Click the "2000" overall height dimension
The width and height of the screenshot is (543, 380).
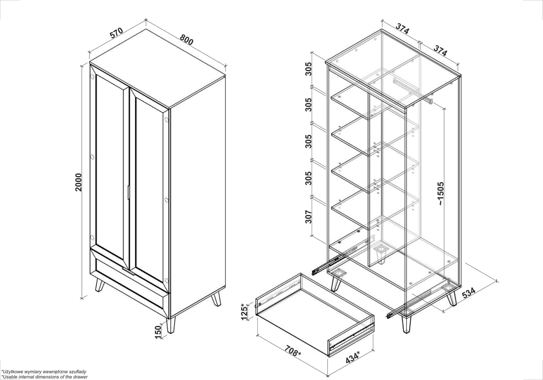[78, 182]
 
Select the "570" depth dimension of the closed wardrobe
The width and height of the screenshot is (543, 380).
[116, 33]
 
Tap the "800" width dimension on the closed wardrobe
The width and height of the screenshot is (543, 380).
[186, 39]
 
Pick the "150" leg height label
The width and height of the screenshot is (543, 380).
[158, 332]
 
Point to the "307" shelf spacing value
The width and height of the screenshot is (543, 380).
[308, 217]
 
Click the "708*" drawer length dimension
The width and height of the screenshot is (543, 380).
[292, 351]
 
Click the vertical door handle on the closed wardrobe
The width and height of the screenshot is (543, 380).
[129, 193]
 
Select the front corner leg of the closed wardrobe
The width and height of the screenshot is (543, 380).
[171, 325]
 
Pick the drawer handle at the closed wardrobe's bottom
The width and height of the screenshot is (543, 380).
[128, 271]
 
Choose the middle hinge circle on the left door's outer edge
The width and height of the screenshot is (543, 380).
[92, 157]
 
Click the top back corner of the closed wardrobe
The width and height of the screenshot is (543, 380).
[146, 29]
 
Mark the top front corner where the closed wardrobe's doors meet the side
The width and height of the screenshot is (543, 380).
[169, 108]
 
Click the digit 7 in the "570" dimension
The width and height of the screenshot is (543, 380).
[116, 33]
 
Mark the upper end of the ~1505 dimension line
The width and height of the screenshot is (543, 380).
[444, 109]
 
